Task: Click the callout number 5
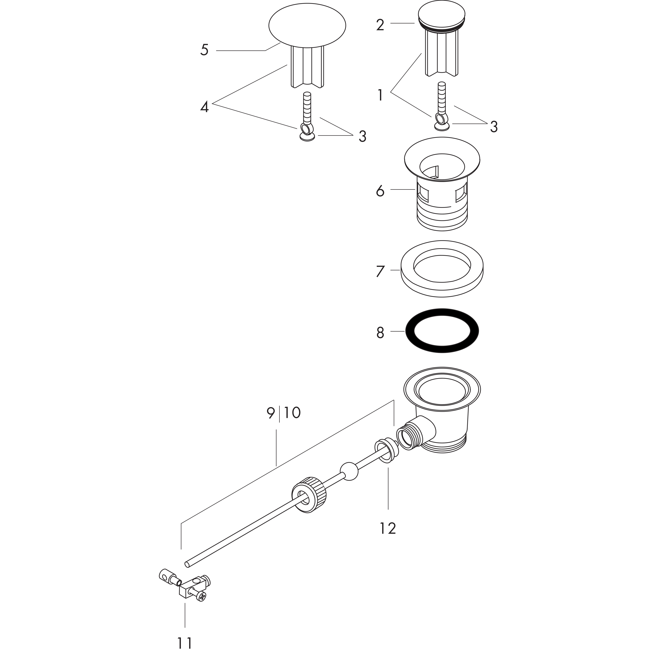(x=204, y=50)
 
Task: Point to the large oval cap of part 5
(x=307, y=25)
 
